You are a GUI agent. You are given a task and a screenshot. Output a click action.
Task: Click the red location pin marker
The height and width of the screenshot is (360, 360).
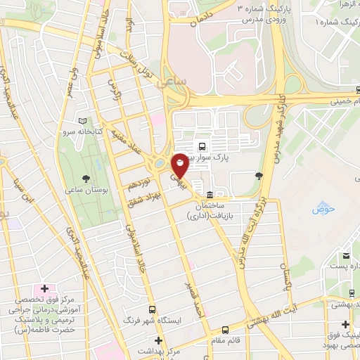pyautogui.click(x=180, y=165)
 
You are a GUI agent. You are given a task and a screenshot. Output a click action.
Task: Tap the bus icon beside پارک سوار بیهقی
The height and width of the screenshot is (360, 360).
pyautogui.click(x=202, y=147)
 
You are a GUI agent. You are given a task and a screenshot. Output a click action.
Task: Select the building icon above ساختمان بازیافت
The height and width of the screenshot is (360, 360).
pyautogui.click(x=210, y=195)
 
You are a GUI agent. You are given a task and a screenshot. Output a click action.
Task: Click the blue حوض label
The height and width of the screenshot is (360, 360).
pyautogui.click(x=322, y=210)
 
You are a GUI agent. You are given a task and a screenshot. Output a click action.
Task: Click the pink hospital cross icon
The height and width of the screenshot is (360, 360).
pyautogui.click(x=44, y=289)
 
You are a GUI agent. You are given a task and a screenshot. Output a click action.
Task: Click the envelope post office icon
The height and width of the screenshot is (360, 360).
pyautogui.click(x=346, y=255)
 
